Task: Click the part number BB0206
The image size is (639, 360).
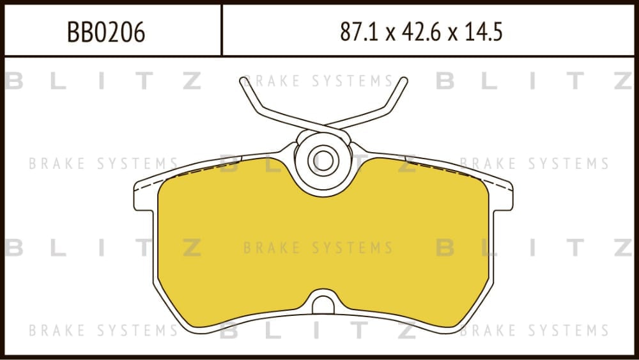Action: [106, 32]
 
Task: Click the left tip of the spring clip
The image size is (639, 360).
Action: [243, 81]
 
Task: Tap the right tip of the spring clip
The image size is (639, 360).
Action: [404, 81]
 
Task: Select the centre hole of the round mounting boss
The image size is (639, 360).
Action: [323, 161]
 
